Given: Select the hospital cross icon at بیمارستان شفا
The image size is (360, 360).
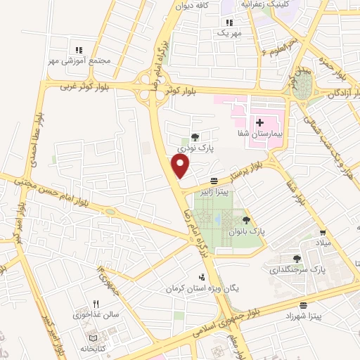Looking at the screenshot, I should click(259, 122).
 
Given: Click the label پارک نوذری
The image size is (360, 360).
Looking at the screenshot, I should click(195, 148).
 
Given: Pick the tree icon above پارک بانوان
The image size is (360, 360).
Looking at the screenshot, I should click(245, 220).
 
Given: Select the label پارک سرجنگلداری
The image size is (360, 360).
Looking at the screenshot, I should click(297, 269).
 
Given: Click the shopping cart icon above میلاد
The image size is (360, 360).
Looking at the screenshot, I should click(323, 233).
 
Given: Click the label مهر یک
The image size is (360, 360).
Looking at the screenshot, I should click(229, 33).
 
